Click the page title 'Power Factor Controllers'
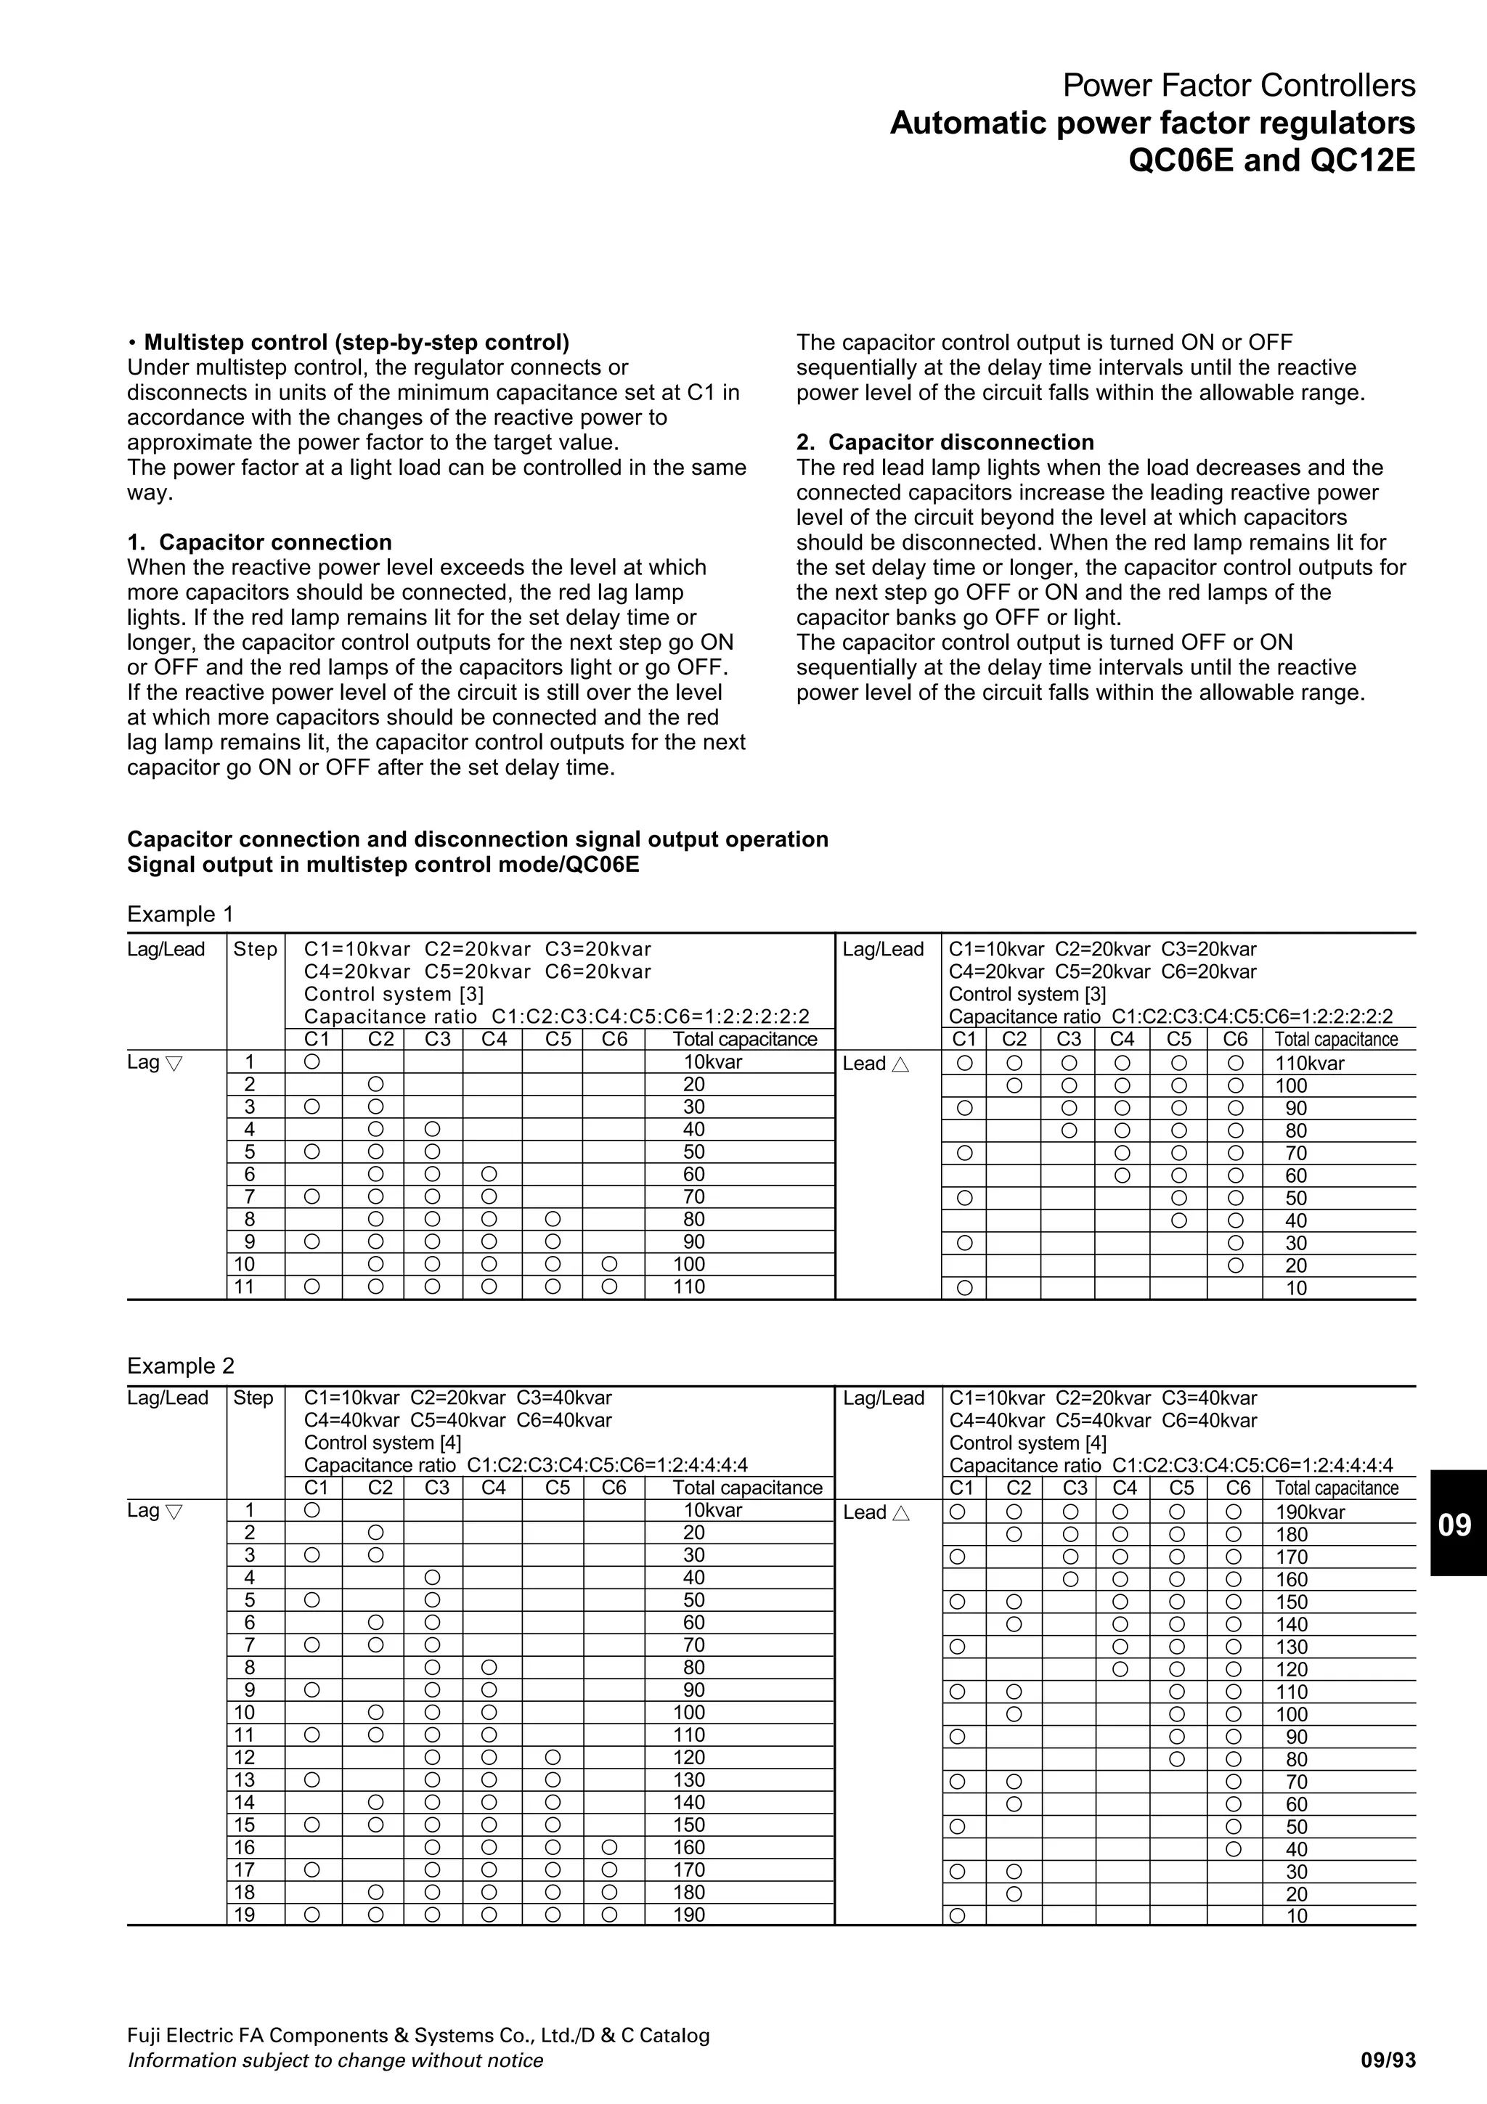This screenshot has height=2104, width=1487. [x=1238, y=86]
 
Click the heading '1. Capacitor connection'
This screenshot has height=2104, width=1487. [x=259, y=542]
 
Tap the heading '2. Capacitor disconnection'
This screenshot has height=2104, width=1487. [x=945, y=443]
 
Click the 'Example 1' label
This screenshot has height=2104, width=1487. [x=181, y=915]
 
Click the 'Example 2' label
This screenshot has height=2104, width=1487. [x=181, y=1366]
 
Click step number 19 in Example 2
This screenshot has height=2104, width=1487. [x=245, y=1915]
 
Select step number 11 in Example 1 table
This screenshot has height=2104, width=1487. [x=245, y=1287]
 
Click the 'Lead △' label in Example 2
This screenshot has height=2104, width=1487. [x=875, y=1513]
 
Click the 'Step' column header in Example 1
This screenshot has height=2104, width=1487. [x=255, y=950]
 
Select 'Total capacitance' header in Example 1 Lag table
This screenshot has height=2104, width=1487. [x=744, y=1039]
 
